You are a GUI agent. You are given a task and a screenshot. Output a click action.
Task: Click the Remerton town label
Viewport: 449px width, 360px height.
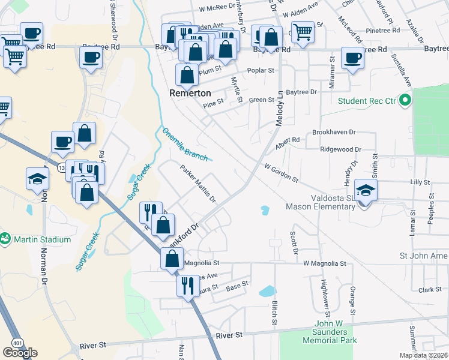coord(190,94)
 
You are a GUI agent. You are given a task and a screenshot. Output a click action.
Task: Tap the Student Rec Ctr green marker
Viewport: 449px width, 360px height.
coord(405,100)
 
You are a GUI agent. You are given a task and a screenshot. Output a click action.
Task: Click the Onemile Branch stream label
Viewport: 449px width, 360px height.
coord(185,144)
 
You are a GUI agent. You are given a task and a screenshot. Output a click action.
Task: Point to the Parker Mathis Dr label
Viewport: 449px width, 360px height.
coord(198,184)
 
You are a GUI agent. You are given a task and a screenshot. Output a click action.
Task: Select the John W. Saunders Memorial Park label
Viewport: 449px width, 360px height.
coord(327,336)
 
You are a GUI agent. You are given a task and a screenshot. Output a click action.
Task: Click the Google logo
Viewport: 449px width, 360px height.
coord(20,353)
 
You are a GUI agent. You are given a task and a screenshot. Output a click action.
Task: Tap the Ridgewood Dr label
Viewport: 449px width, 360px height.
coord(341,149)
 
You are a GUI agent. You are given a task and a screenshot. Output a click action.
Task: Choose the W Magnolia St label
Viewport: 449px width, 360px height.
coord(325,263)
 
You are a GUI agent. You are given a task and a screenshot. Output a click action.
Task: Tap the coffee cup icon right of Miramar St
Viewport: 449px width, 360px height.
coord(352,58)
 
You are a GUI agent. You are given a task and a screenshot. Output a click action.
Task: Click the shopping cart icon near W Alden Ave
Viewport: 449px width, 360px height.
coord(303,32)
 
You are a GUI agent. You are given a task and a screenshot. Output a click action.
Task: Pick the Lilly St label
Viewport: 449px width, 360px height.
coord(420,182)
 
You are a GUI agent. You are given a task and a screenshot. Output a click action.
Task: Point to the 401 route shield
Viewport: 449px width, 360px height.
coord(14,342)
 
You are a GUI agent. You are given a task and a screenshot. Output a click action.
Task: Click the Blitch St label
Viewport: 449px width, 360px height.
coord(274,313)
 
